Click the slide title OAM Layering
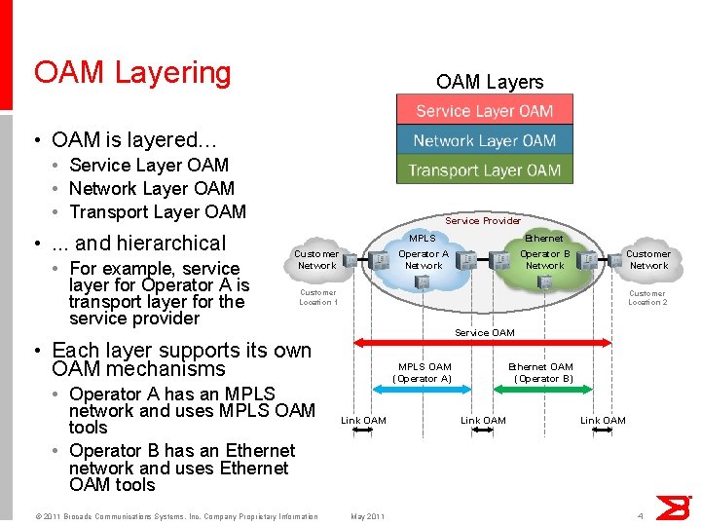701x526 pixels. (x=132, y=73)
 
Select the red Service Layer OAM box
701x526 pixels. (x=484, y=110)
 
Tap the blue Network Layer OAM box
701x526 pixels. (x=484, y=140)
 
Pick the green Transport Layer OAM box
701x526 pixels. (x=484, y=169)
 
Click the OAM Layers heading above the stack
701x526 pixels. (x=490, y=82)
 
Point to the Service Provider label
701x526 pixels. (x=483, y=220)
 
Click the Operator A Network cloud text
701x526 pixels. (x=424, y=260)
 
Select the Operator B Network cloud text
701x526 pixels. (x=544, y=260)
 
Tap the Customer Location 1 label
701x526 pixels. (x=317, y=297)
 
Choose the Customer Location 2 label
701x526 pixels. (x=647, y=297)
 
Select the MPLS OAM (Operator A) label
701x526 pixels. (x=424, y=372)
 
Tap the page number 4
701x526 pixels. (x=640, y=515)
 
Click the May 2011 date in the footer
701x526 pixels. (x=367, y=516)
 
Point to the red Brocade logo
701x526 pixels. (x=673, y=507)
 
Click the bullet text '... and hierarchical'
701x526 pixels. (x=138, y=244)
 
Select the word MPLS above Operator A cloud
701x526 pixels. (x=423, y=239)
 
